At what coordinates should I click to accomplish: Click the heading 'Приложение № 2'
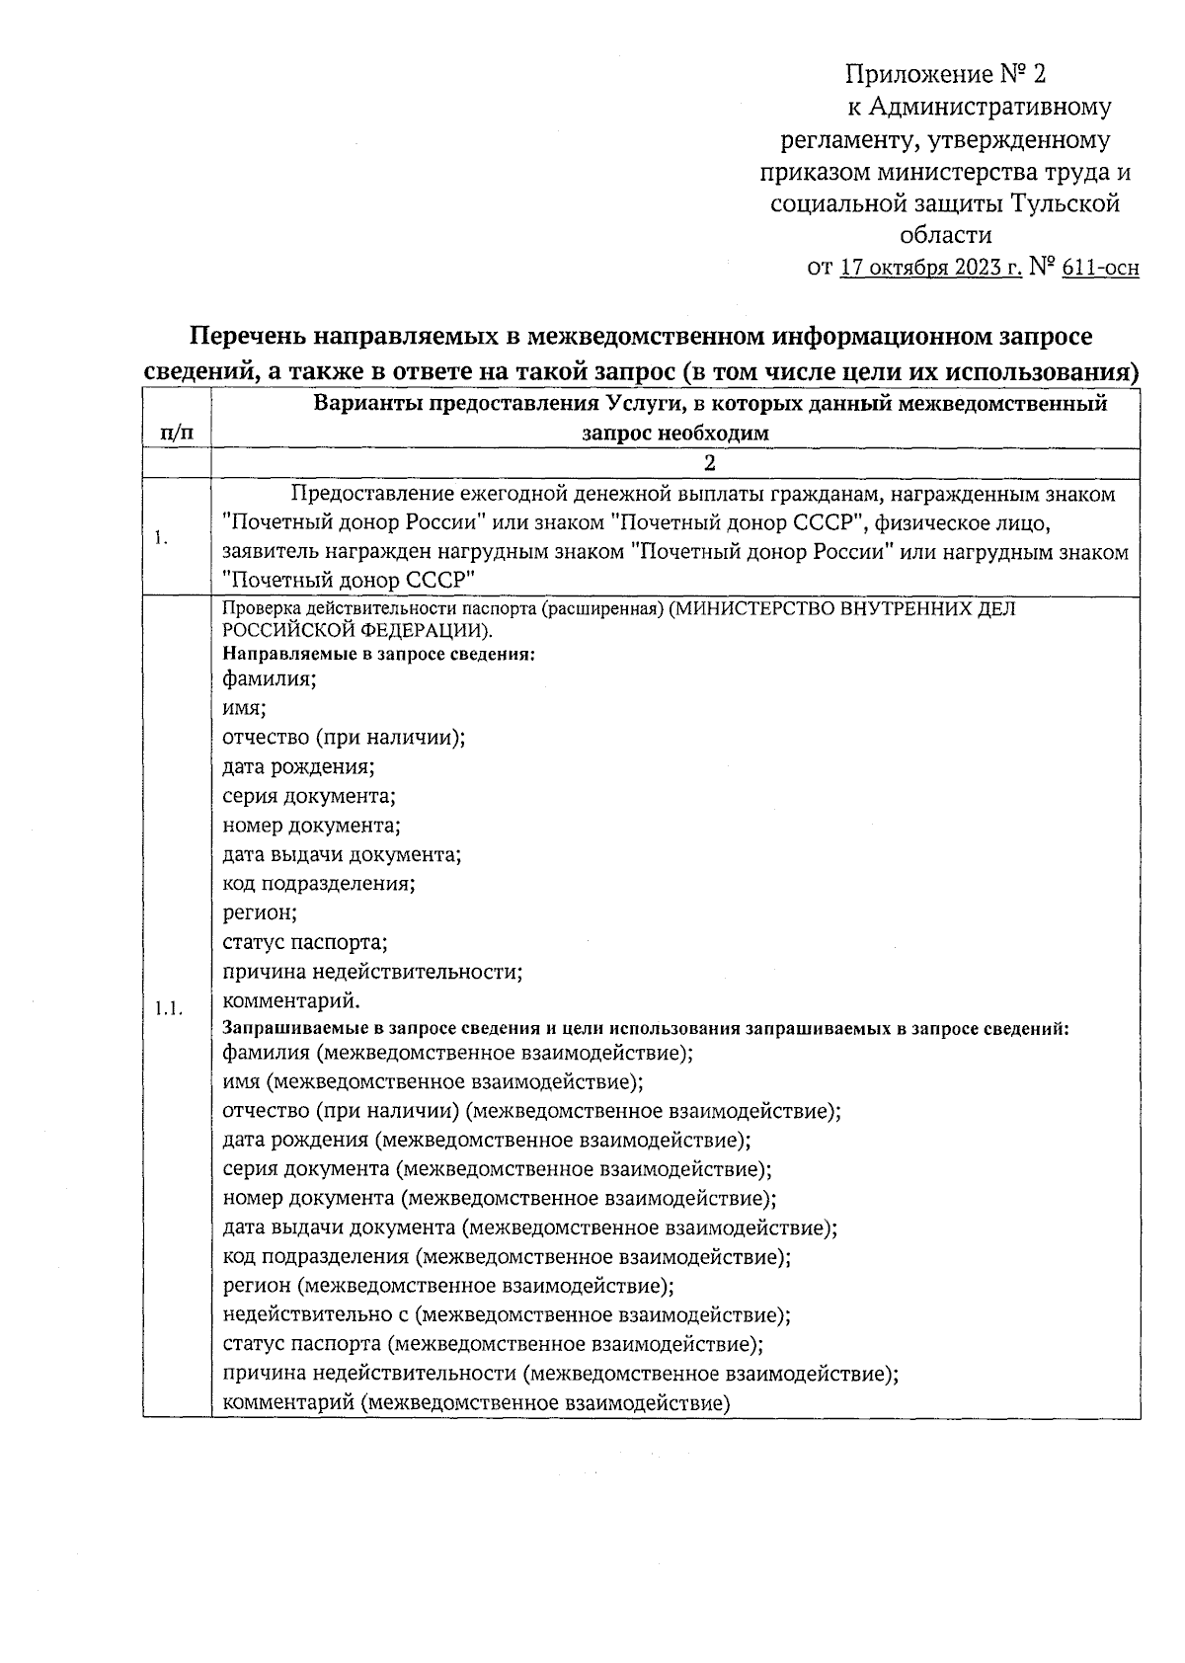pyautogui.click(x=944, y=74)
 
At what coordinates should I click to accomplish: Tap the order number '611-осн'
pyautogui.click(x=1100, y=268)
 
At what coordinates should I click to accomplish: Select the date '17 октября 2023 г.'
pyautogui.click(x=930, y=268)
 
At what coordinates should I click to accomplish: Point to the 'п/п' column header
pyautogui.click(x=177, y=433)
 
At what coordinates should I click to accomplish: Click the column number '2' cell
pyautogui.click(x=708, y=464)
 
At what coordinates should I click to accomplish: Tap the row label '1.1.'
pyautogui.click(x=169, y=1008)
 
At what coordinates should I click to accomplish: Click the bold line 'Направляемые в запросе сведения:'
pyautogui.click(x=379, y=654)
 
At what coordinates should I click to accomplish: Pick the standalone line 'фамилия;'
pyautogui.click(x=269, y=678)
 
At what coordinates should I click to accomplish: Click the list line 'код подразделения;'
pyautogui.click(x=318, y=884)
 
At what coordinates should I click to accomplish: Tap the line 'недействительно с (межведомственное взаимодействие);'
pyautogui.click(x=507, y=1315)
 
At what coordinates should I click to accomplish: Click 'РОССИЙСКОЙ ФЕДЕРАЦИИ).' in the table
pyautogui.click(x=358, y=630)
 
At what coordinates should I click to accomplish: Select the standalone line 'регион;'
pyautogui.click(x=260, y=912)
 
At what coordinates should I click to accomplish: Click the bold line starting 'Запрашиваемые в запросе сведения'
pyautogui.click(x=647, y=1028)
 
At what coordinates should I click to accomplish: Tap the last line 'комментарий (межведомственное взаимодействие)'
pyautogui.click(x=476, y=1402)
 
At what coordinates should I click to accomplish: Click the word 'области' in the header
pyautogui.click(x=945, y=235)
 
